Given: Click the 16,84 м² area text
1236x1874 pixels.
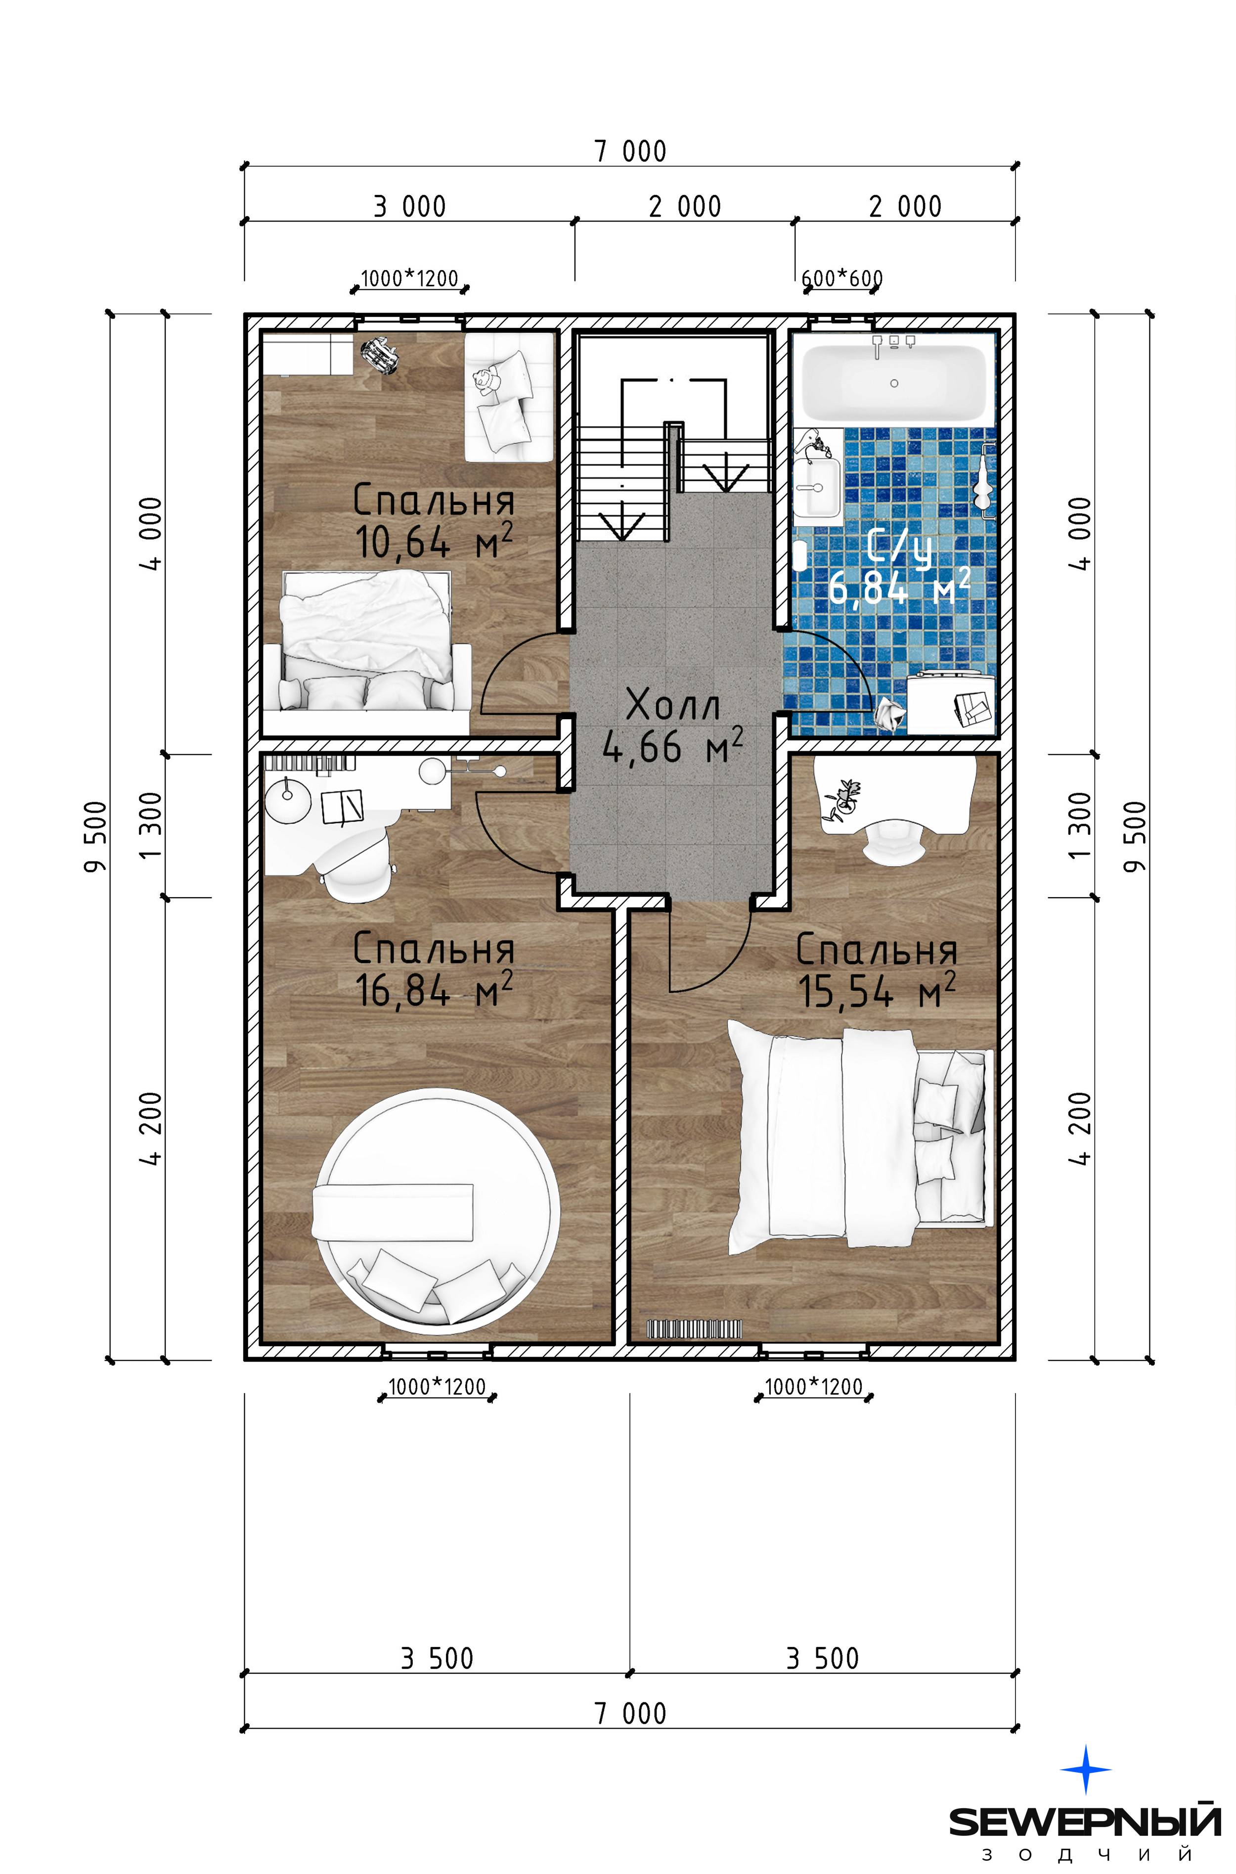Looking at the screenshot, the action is pos(435,990).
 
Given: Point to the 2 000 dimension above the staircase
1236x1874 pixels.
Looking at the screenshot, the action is pos(684,207).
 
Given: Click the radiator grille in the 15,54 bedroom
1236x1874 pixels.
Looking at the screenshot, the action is pos(694,1329).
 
